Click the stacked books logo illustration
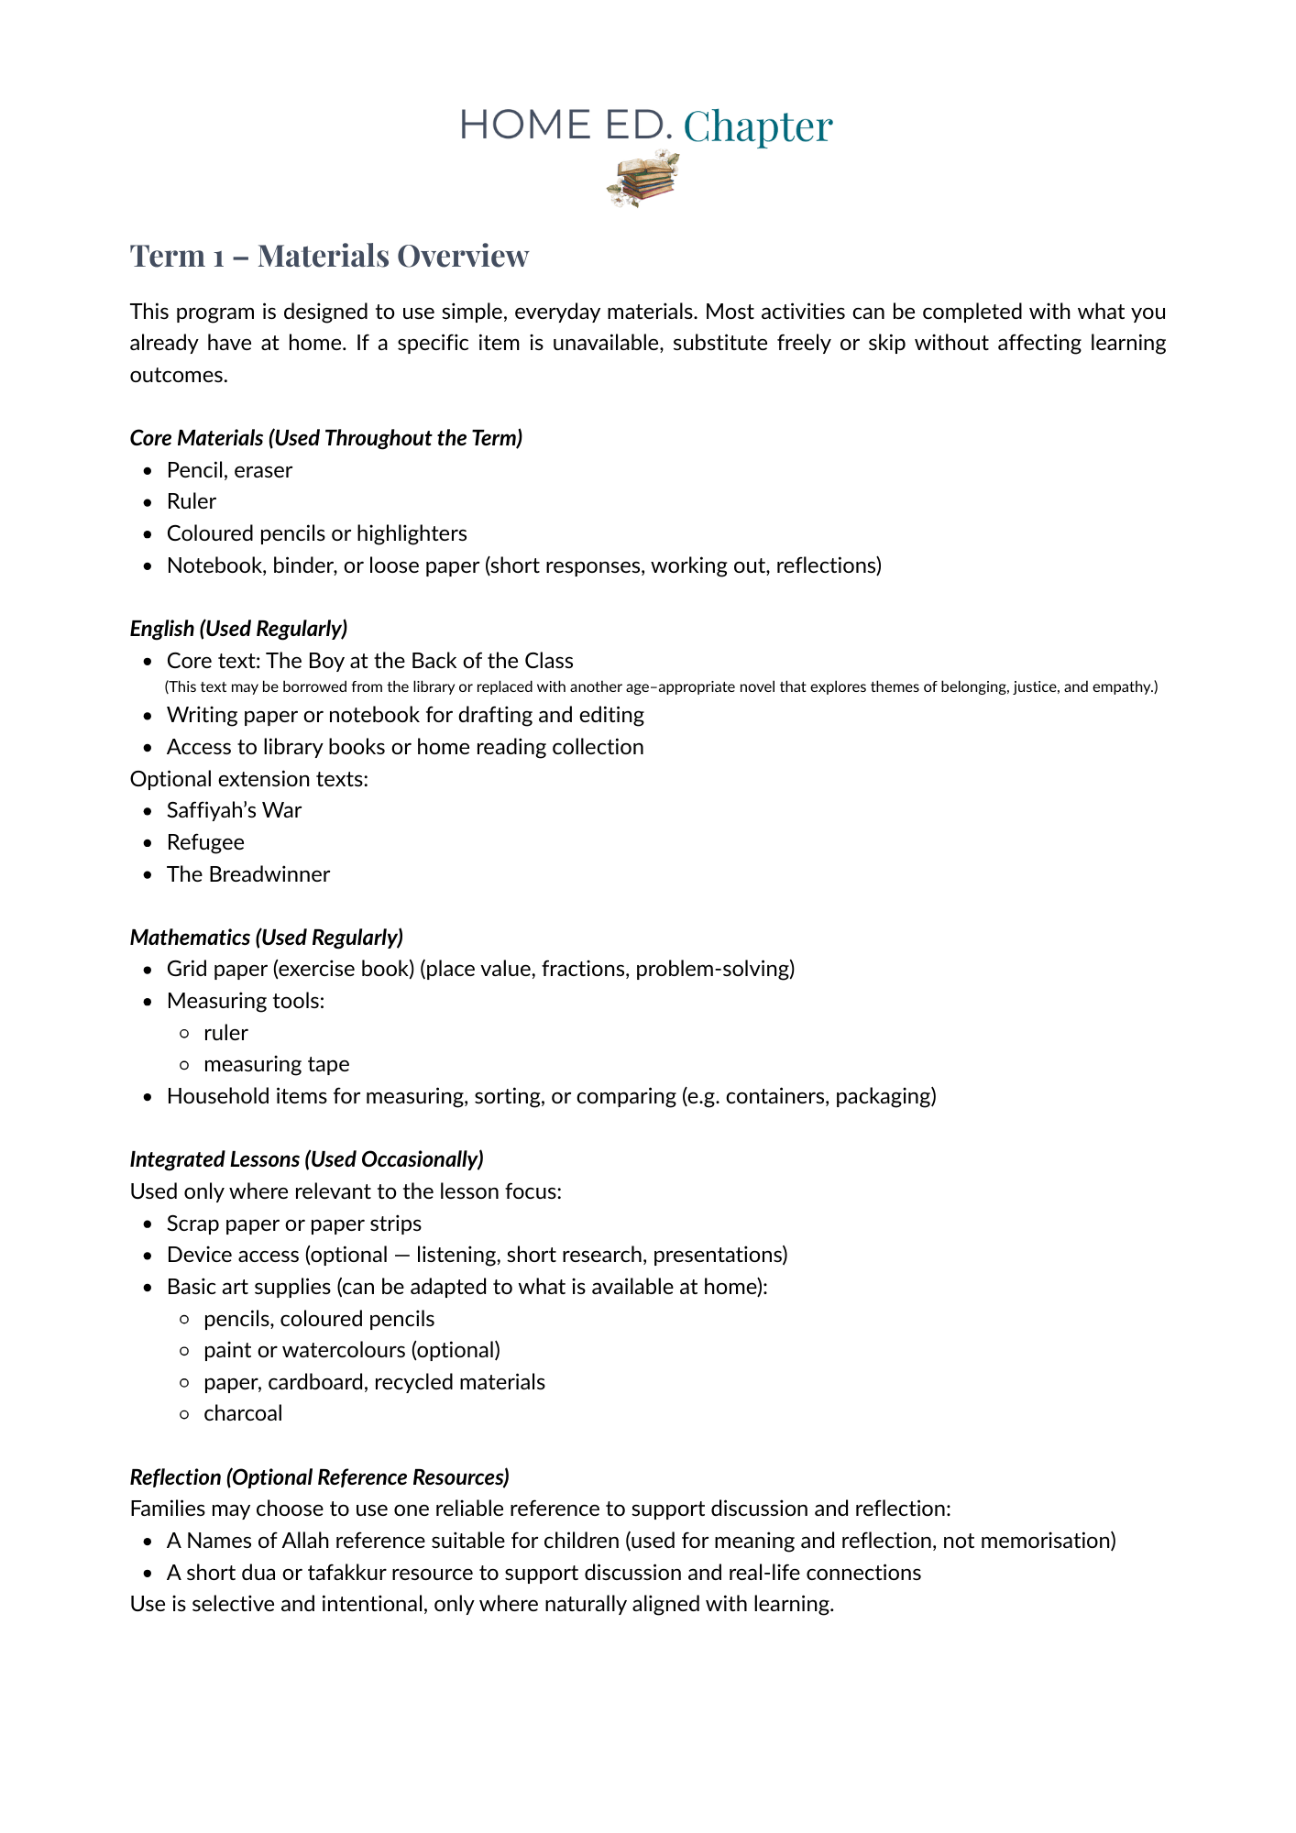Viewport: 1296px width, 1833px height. click(643, 180)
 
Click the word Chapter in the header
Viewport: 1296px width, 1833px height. click(757, 126)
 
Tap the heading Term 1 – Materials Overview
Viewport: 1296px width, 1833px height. click(329, 256)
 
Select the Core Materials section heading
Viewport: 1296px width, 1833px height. click(325, 438)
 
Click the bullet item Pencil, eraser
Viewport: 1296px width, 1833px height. click(229, 470)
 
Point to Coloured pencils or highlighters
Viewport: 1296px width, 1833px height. click(316, 533)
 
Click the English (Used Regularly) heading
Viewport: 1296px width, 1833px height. click(238, 629)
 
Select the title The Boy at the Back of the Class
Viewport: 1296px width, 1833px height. click(419, 661)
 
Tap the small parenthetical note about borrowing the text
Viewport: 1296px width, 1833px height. click(661, 686)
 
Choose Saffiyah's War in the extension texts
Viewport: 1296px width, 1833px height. click(234, 810)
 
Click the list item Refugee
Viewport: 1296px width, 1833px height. click(205, 842)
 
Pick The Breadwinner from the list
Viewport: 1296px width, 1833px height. click(247, 874)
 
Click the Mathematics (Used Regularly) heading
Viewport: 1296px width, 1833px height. click(266, 938)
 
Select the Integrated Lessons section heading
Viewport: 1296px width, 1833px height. click(306, 1159)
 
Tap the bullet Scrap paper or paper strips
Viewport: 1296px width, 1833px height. click(293, 1224)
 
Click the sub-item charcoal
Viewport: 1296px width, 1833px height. click(243, 1413)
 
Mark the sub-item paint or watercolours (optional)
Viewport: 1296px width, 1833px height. click(352, 1350)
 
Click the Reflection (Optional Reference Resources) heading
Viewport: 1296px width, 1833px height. click(319, 1477)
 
